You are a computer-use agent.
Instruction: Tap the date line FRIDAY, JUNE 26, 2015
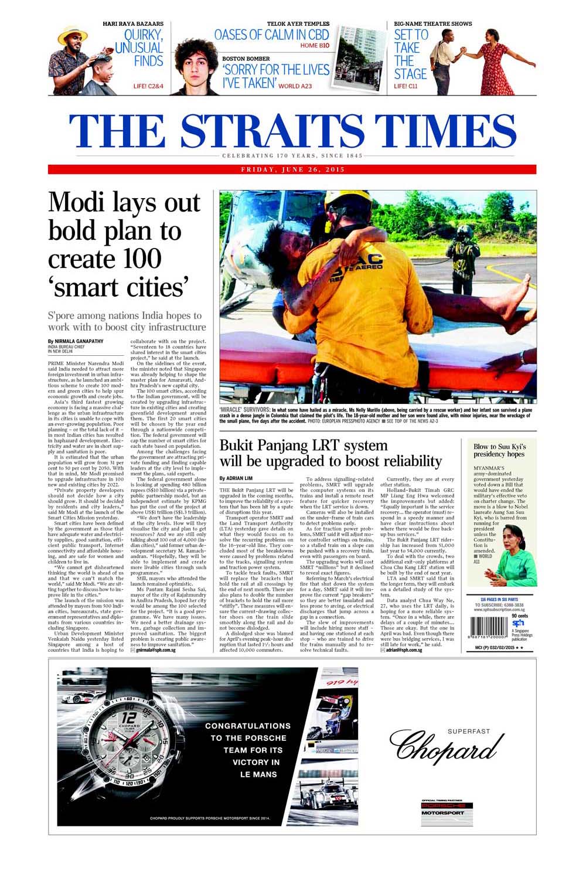292,169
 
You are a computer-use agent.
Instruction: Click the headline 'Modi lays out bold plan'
124,245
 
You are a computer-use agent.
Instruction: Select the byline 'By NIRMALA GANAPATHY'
77,341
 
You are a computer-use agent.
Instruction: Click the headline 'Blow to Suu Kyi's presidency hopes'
499,450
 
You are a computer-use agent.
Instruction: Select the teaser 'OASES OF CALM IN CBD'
272,35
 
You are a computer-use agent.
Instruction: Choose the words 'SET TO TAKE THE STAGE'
410,55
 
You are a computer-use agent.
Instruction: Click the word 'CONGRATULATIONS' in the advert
247,726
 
